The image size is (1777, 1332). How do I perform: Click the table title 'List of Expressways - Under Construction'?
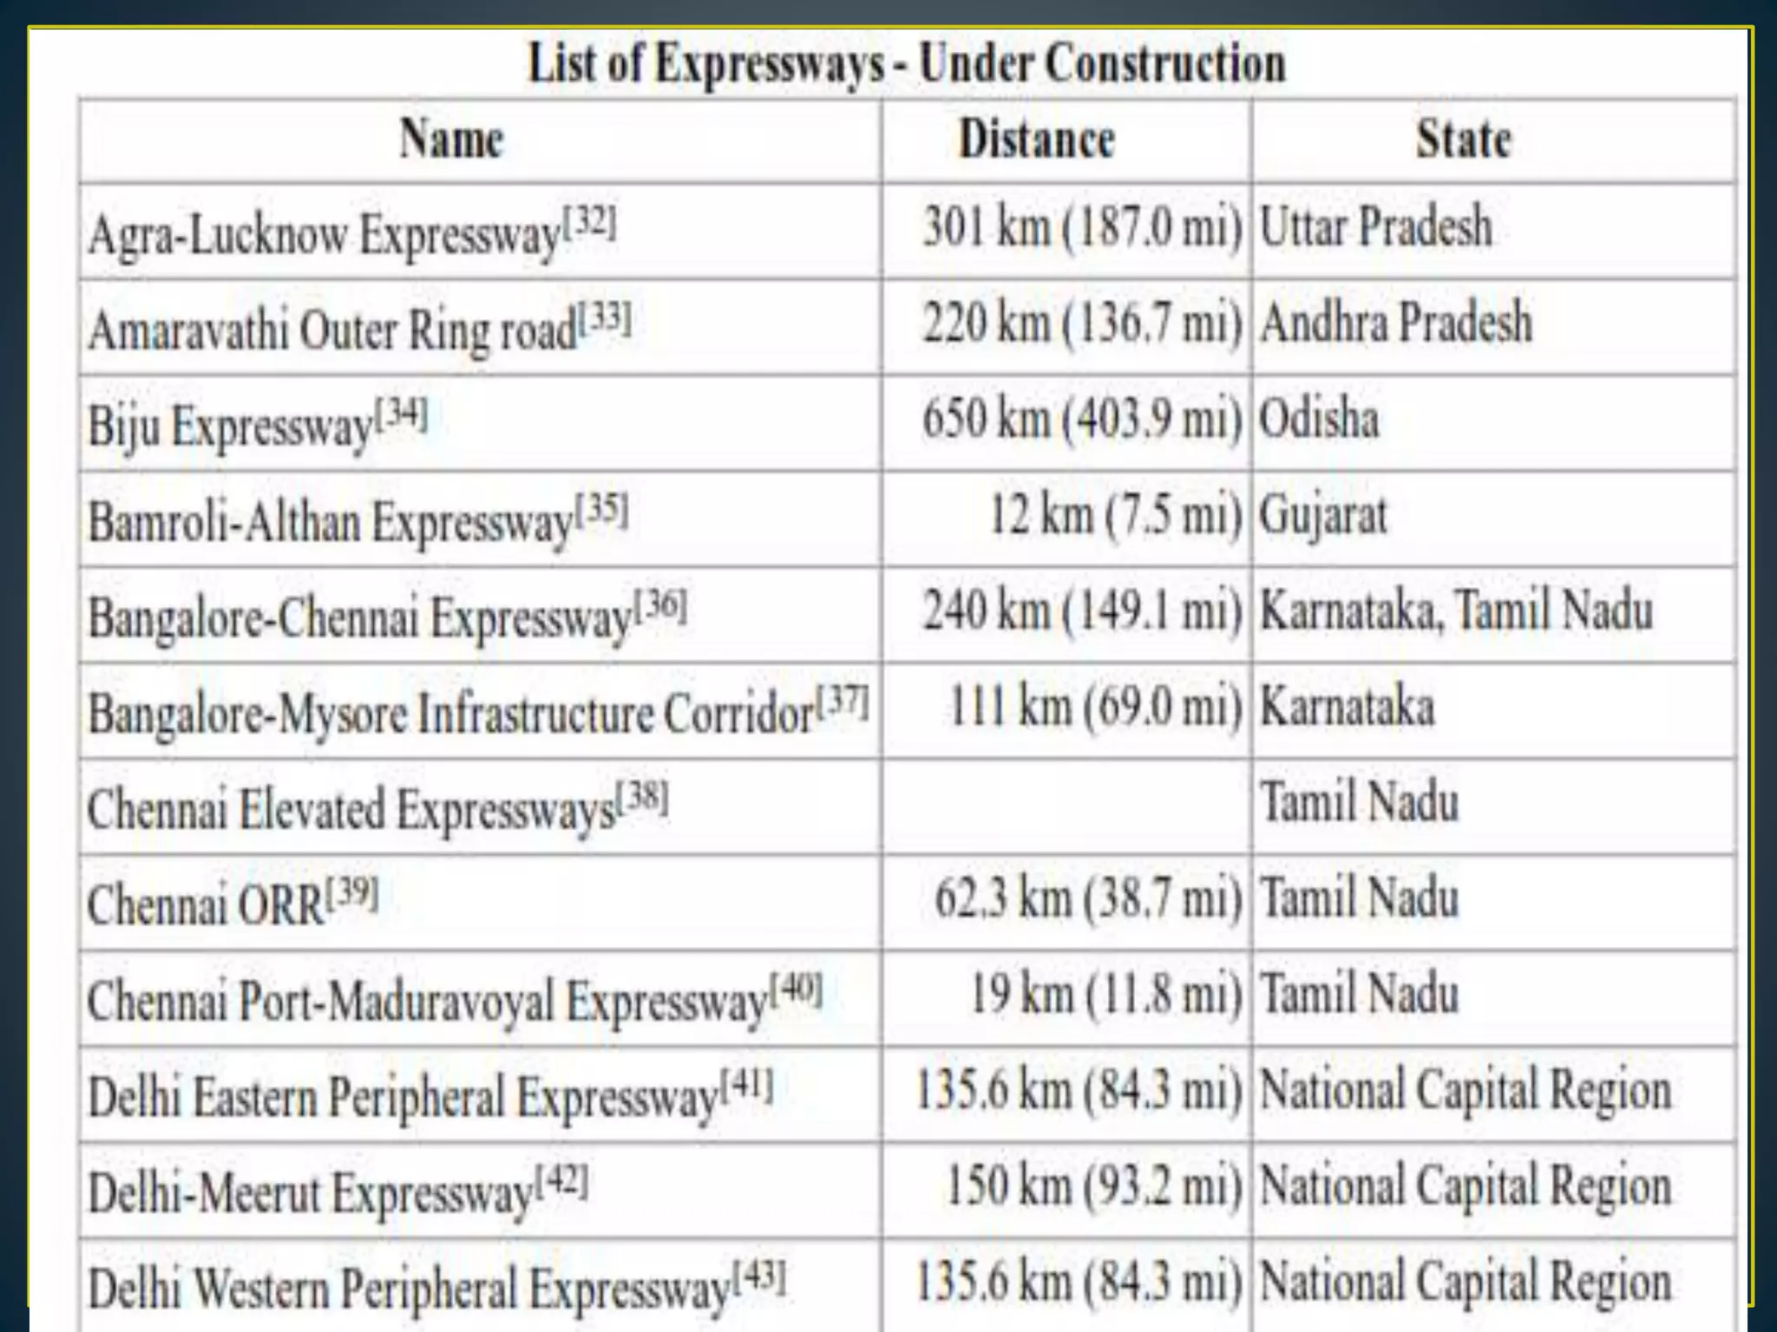(907, 64)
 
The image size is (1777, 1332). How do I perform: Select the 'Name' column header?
(451, 140)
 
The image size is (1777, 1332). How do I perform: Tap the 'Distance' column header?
(1036, 140)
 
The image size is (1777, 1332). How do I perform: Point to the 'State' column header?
(1464, 140)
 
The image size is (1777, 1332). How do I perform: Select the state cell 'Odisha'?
(1319, 419)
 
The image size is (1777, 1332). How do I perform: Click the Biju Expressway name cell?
(230, 426)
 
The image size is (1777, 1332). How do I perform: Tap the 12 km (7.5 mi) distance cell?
(1116, 515)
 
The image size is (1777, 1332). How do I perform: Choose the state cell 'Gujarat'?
(1323, 515)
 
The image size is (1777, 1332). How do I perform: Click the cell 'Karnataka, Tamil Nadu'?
(1456, 610)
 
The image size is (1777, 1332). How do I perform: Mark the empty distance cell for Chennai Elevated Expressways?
(1066, 806)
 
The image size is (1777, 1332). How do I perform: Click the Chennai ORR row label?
(206, 905)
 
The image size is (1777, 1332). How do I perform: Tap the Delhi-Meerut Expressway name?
(311, 1192)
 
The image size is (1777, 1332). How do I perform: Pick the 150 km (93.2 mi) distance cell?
(1094, 1186)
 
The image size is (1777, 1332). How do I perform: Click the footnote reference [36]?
(661, 604)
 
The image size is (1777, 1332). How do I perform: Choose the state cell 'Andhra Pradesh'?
(1396, 323)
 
